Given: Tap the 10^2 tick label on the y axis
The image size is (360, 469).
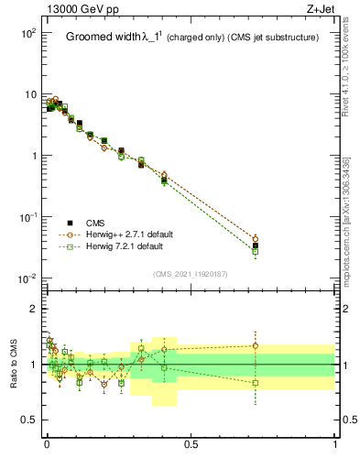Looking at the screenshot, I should point(27,33).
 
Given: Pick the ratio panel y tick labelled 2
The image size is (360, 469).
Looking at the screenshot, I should point(34,309).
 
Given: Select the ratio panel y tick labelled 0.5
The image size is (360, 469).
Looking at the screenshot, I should point(29,420).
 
